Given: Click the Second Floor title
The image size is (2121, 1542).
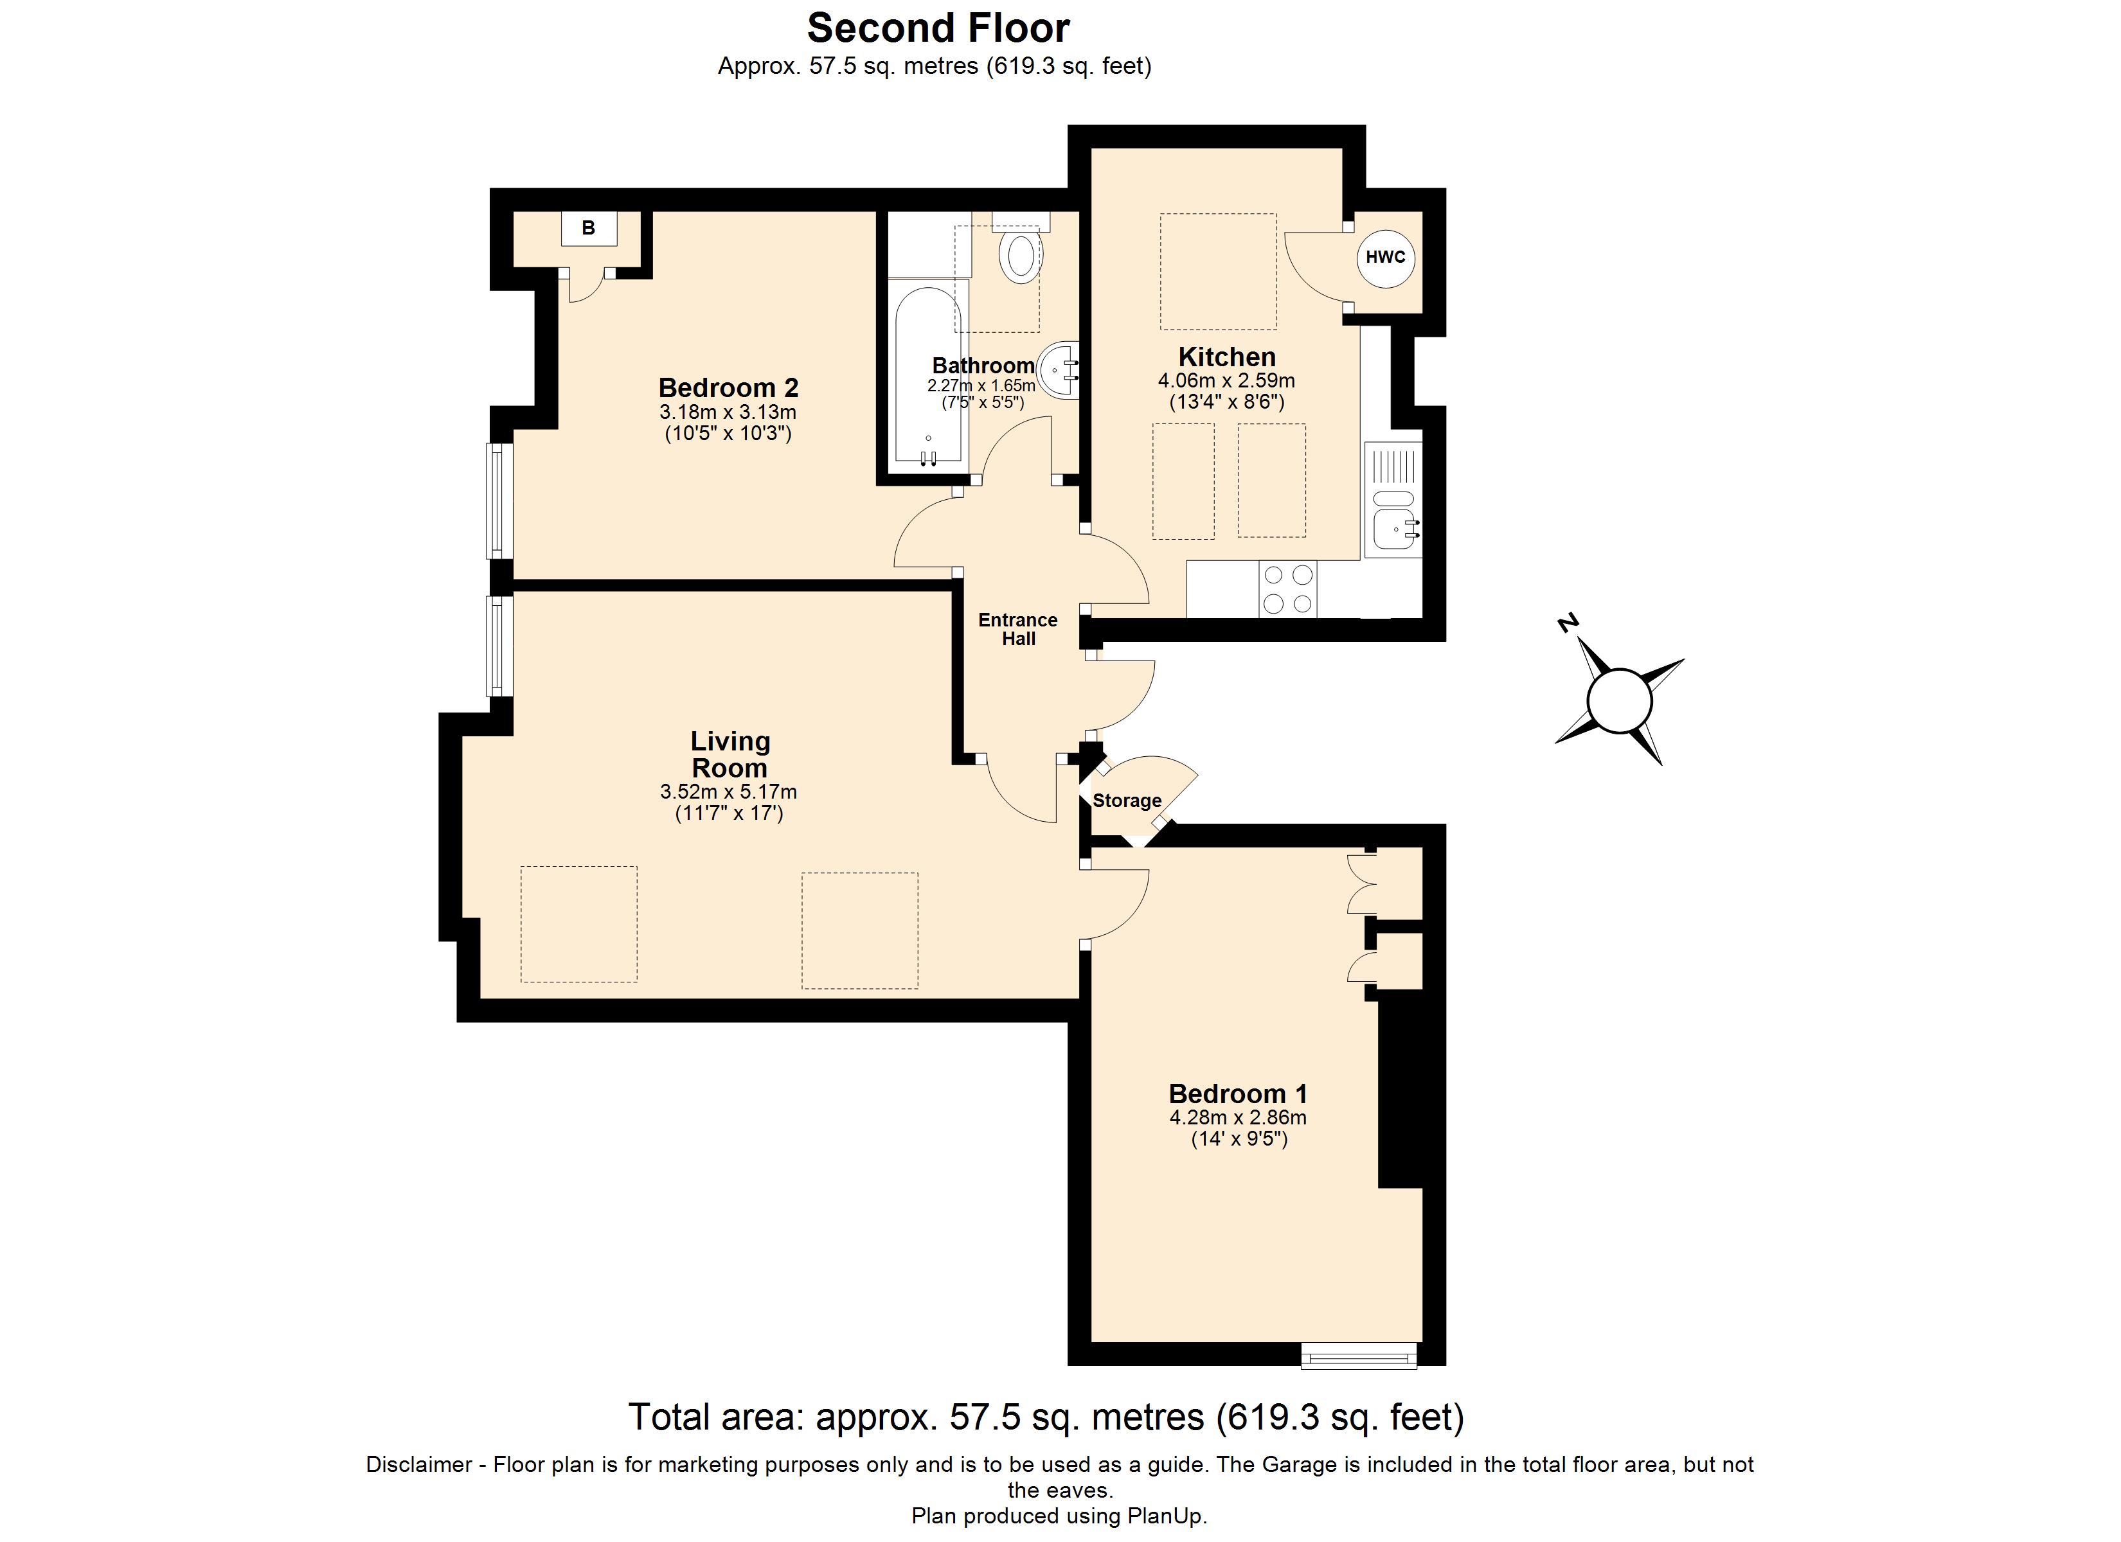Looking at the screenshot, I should [x=938, y=28].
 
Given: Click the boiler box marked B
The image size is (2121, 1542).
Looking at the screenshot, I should [x=588, y=228].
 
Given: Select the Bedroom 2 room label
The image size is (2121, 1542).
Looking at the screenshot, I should [x=728, y=387].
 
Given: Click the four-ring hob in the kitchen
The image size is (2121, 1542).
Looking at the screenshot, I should [x=1288, y=589].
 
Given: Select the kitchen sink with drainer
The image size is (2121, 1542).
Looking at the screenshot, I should [x=1393, y=501].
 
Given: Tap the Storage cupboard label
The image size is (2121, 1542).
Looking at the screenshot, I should [x=1127, y=801].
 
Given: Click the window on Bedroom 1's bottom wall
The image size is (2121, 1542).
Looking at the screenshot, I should [x=1359, y=1356].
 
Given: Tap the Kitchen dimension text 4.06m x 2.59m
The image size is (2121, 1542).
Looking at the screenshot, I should [x=1226, y=380].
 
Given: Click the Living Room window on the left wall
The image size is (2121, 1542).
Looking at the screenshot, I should [x=500, y=646].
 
